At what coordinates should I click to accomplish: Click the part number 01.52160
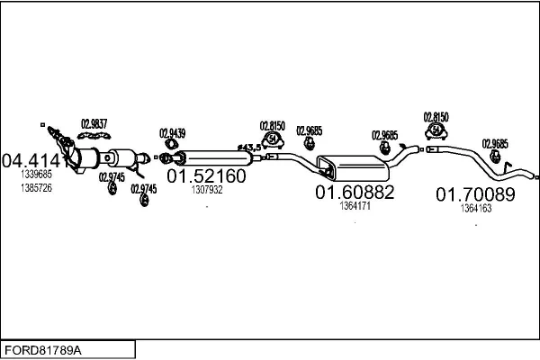click(x=206, y=176)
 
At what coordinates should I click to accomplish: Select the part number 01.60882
click(x=355, y=193)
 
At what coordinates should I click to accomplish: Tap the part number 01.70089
click(x=475, y=194)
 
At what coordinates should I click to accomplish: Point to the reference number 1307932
click(x=207, y=190)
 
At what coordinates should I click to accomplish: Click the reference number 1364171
click(x=355, y=206)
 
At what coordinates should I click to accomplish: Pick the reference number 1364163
click(x=476, y=208)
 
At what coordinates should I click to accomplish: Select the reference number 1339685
click(x=36, y=175)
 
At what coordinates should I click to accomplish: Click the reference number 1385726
click(x=36, y=188)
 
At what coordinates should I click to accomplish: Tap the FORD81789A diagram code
click(x=43, y=351)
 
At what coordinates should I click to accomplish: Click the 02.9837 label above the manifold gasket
click(x=94, y=124)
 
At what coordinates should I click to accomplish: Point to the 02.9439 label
click(x=172, y=133)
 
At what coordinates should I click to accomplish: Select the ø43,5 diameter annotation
click(x=249, y=148)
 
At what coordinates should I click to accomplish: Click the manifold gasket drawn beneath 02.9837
click(x=94, y=136)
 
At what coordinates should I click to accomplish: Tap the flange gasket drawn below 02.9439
click(x=170, y=143)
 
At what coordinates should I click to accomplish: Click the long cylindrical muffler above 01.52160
click(x=213, y=157)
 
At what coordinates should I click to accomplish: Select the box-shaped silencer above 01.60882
click(x=353, y=167)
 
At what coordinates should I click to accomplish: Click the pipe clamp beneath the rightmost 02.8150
click(x=436, y=131)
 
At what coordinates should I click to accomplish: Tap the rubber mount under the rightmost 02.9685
click(x=495, y=156)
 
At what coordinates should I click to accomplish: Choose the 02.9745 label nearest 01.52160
click(x=144, y=189)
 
